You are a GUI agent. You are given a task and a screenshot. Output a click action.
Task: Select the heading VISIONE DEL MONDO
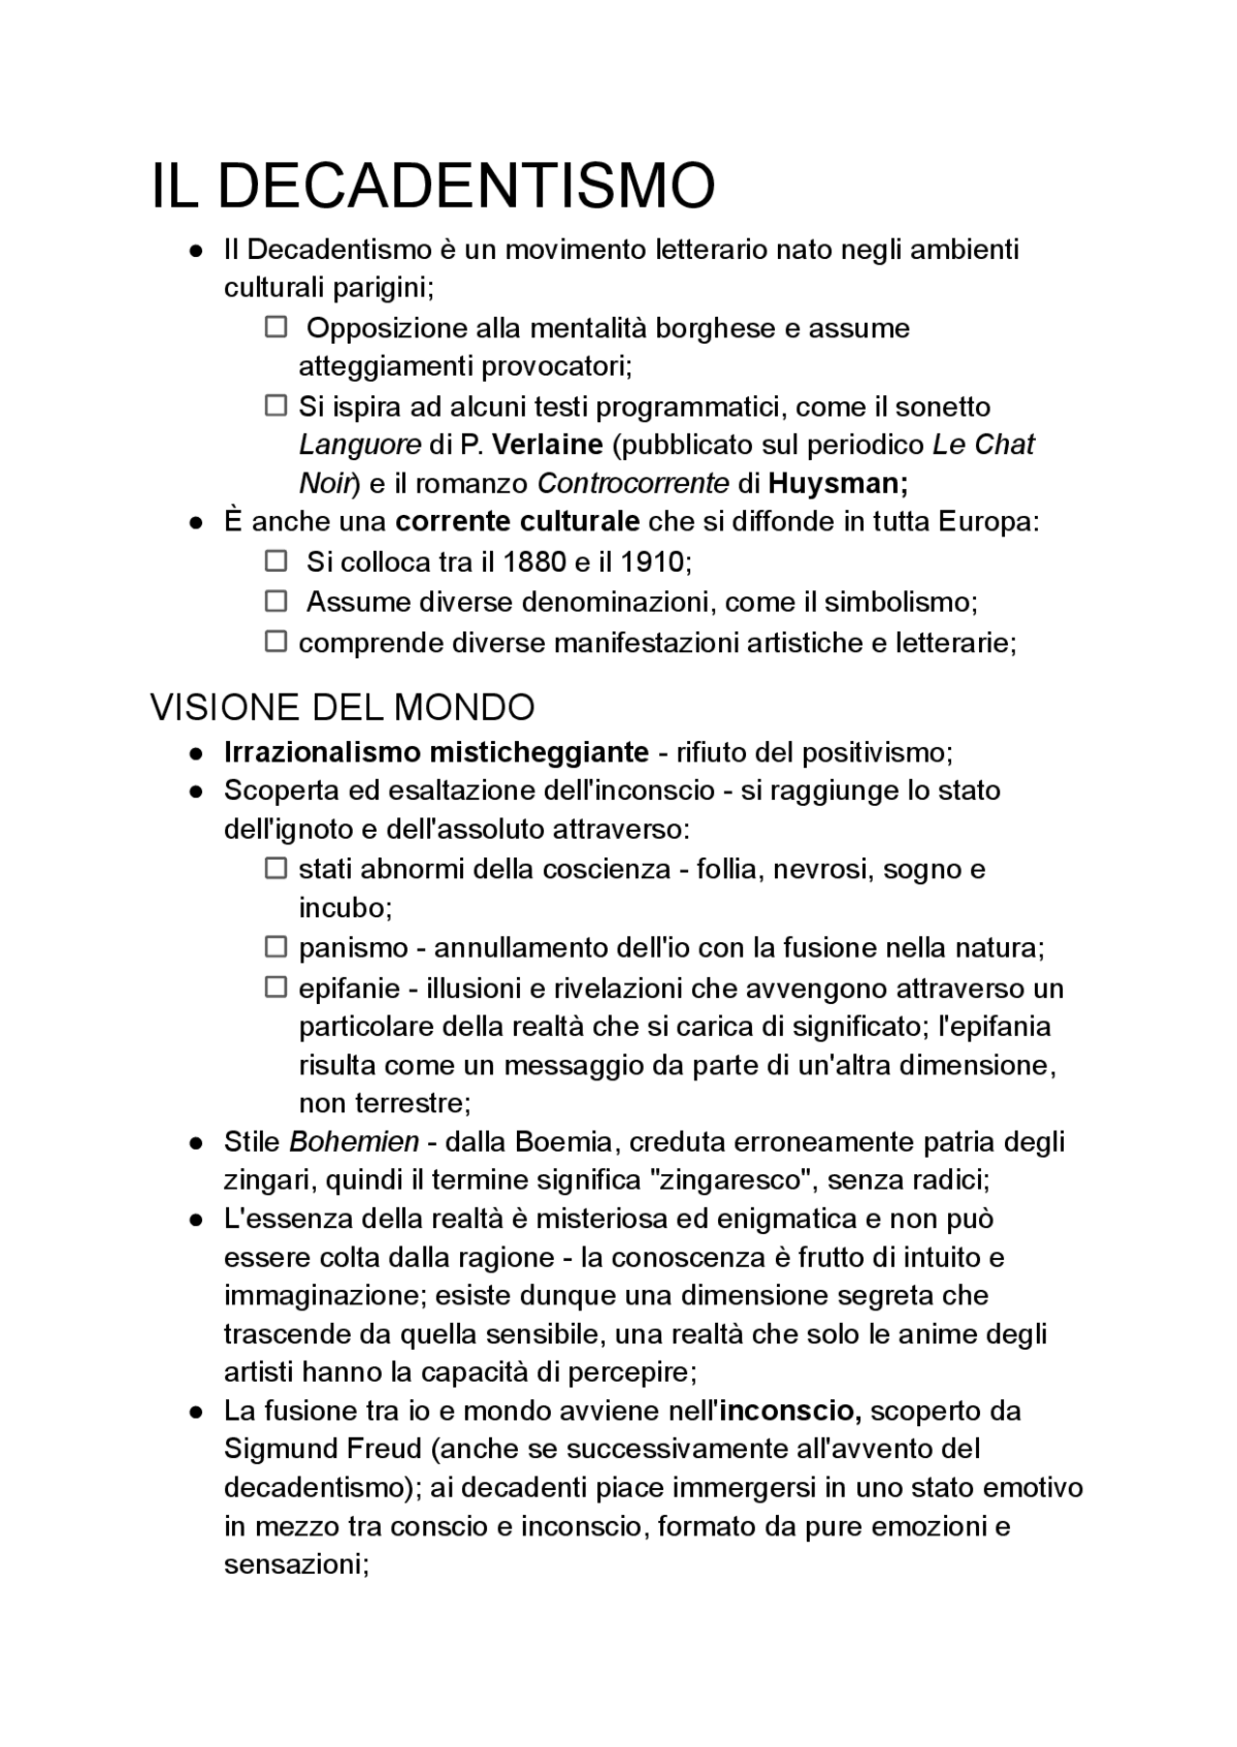tap(342, 708)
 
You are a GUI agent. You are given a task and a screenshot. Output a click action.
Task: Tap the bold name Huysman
tap(837, 482)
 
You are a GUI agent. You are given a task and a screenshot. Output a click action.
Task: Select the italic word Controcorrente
tap(632, 482)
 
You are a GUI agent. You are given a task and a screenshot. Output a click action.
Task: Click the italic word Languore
tap(360, 444)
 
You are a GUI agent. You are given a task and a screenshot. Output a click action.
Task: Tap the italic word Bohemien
tap(354, 1142)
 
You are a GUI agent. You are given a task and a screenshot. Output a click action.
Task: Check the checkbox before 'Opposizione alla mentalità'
tap(276, 328)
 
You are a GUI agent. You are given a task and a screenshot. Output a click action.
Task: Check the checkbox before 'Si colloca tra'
tap(276, 560)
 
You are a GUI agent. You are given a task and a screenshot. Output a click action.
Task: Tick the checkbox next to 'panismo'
tap(276, 947)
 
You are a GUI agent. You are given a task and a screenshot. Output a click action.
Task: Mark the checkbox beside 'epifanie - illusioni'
tap(276, 988)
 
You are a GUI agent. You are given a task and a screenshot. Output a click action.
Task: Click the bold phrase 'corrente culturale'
tap(517, 522)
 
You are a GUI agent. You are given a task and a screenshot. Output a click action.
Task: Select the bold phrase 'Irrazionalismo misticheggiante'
tap(436, 752)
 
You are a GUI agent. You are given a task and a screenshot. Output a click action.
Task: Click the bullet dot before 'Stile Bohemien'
tap(196, 1143)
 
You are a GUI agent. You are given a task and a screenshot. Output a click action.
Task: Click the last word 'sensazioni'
tap(293, 1564)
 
